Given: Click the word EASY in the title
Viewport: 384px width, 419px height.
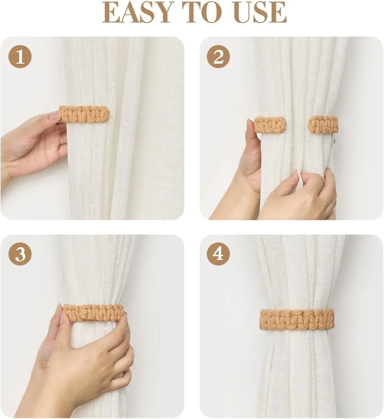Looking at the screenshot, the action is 137,13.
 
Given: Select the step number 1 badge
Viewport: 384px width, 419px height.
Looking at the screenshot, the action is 20,57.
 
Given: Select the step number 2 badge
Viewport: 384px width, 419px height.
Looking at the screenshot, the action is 218,57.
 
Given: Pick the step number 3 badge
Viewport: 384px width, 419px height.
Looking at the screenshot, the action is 20,254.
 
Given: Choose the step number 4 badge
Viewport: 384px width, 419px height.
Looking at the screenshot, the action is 218,254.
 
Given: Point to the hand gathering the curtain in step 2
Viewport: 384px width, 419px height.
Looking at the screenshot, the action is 301,194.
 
